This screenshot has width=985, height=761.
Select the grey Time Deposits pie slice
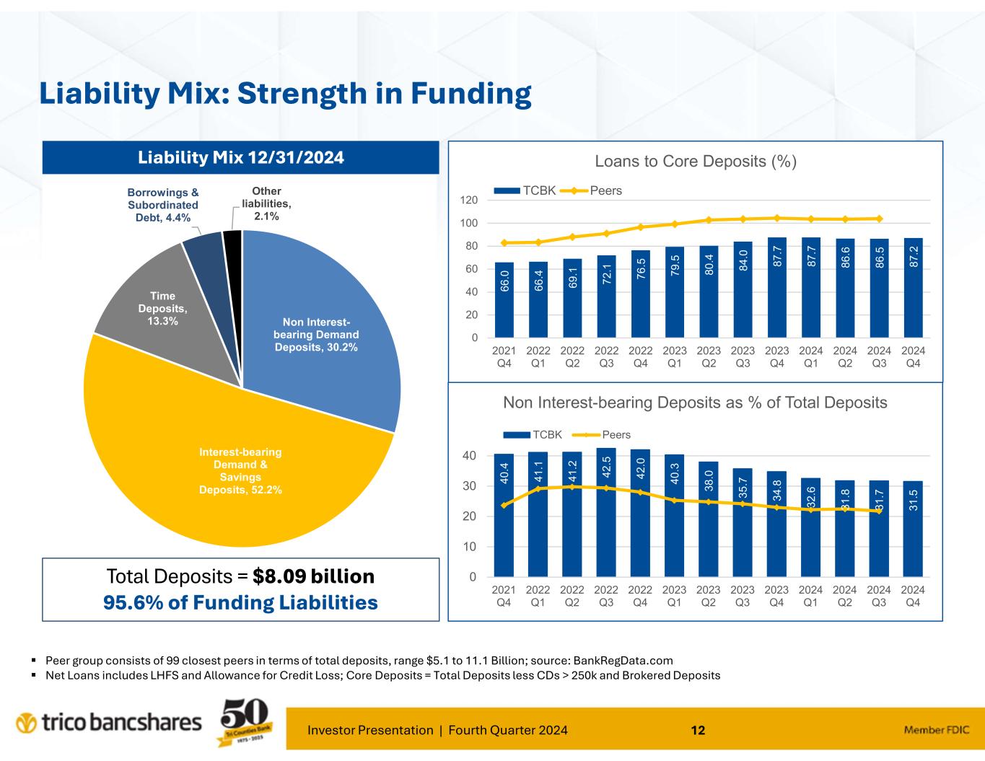pyautogui.click(x=155, y=310)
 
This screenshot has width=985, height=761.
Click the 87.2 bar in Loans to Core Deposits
pyautogui.click(x=913, y=289)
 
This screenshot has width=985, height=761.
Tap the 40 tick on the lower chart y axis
pyautogui.click(x=469, y=456)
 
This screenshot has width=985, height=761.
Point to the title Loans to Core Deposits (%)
pyautogui.click(x=695, y=162)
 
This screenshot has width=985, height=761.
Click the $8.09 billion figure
pyautogui.click(x=313, y=576)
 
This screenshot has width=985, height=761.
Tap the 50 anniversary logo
pyautogui.click(x=245, y=723)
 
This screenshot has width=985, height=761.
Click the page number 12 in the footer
pyautogui.click(x=697, y=730)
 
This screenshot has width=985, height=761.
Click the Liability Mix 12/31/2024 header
pyautogui.click(x=241, y=157)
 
